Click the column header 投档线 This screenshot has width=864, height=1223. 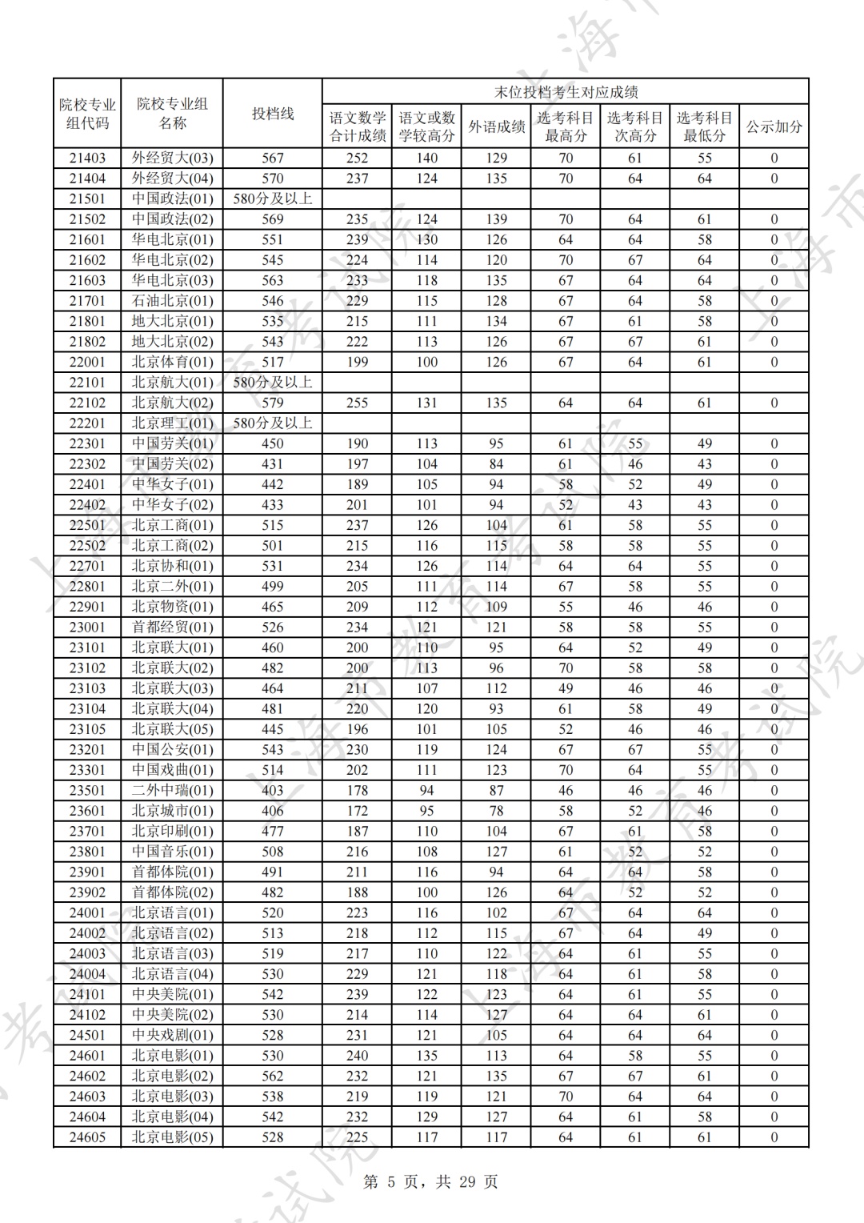[273, 114]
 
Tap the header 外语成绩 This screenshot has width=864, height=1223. [496, 126]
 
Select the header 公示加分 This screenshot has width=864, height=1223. [774, 126]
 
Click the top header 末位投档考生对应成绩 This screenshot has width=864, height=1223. [565, 92]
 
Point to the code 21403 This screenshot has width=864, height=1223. [87, 158]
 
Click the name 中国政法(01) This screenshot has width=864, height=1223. [172, 198]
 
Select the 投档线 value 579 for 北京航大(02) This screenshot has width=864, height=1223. [273, 403]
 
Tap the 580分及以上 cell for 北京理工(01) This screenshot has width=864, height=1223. [273, 423]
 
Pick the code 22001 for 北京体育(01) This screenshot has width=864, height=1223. [87, 362]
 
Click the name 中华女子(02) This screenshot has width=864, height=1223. [172, 505]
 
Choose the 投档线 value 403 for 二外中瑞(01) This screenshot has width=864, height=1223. [273, 790]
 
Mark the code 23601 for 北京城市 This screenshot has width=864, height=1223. [87, 811]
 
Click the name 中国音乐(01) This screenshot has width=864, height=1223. [172, 852]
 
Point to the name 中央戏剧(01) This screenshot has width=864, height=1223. [172, 1035]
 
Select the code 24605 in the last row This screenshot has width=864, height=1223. [87, 1137]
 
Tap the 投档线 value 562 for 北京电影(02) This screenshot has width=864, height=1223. [273, 1076]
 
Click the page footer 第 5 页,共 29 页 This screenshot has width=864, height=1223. [430, 1182]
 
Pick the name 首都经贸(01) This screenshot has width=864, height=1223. [172, 628]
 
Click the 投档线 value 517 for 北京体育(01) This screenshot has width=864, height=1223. [273, 362]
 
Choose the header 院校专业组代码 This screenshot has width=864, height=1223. [87, 114]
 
